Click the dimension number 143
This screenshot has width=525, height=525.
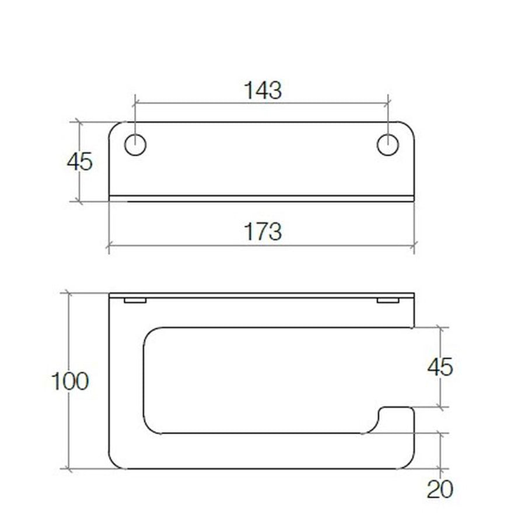(x=262, y=91)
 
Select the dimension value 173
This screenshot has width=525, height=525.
(x=262, y=232)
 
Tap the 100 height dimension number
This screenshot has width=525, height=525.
(x=69, y=381)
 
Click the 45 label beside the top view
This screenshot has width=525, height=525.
(x=79, y=162)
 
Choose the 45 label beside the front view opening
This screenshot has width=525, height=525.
(x=440, y=367)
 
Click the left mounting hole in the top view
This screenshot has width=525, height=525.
(x=135, y=145)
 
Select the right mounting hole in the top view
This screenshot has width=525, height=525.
(x=388, y=145)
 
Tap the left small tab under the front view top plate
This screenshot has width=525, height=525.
(x=135, y=301)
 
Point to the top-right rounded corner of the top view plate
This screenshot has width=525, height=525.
(x=409, y=128)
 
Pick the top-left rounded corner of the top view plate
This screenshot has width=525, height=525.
(x=115, y=128)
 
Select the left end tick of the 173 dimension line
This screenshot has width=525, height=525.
(x=109, y=246)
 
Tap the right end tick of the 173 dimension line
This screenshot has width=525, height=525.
(x=414, y=246)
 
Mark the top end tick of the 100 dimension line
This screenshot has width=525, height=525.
(x=69, y=293)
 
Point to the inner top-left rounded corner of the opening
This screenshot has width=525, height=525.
(x=150, y=335)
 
